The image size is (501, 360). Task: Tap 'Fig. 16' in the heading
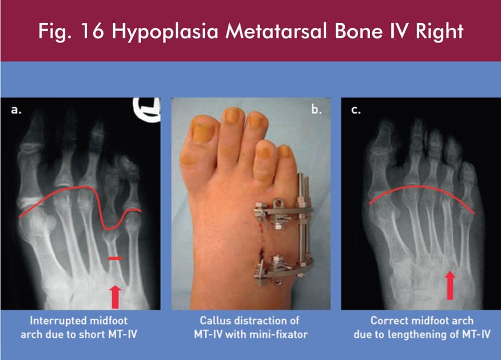(71, 31)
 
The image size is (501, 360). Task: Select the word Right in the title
(439, 32)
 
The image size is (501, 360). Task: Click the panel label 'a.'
(17, 110)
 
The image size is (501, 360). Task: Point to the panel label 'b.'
(316, 110)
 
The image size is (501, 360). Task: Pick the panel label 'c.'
(356, 110)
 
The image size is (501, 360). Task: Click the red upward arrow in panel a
(115, 297)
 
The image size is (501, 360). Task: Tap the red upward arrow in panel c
(450, 285)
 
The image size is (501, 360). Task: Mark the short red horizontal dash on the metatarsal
(115, 258)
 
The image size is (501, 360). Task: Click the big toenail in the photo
(202, 131)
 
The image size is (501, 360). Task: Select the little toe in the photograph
(286, 160)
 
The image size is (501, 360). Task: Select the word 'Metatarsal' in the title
(277, 32)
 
